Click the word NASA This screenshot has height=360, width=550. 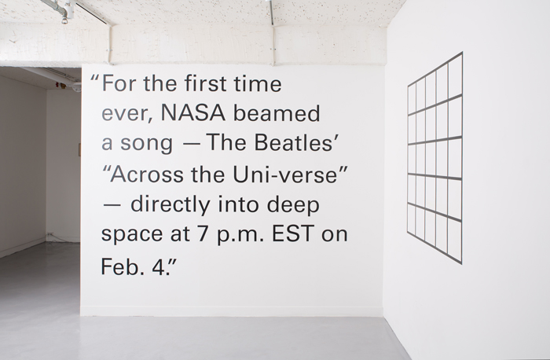[192, 113]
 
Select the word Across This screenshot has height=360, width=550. [147, 174]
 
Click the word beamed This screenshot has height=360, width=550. [277, 112]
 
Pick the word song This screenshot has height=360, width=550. [147, 144]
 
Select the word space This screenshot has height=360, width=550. [132, 234]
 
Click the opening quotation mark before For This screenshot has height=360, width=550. [94, 78]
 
